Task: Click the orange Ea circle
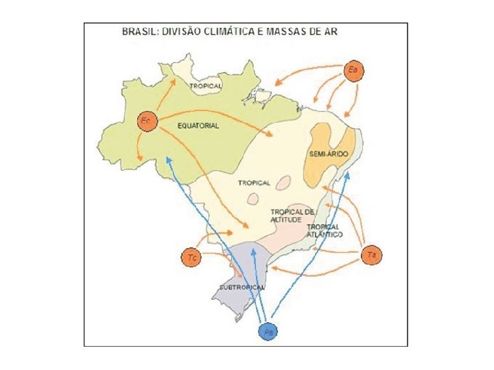[x=353, y=71]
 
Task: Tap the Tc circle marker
[x=193, y=258]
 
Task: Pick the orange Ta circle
[x=371, y=255]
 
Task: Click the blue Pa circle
[x=268, y=332]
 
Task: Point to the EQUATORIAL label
[x=198, y=126]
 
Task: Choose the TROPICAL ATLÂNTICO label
[x=325, y=230]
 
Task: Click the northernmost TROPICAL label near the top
[x=205, y=86]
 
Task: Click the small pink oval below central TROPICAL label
[x=252, y=199]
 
